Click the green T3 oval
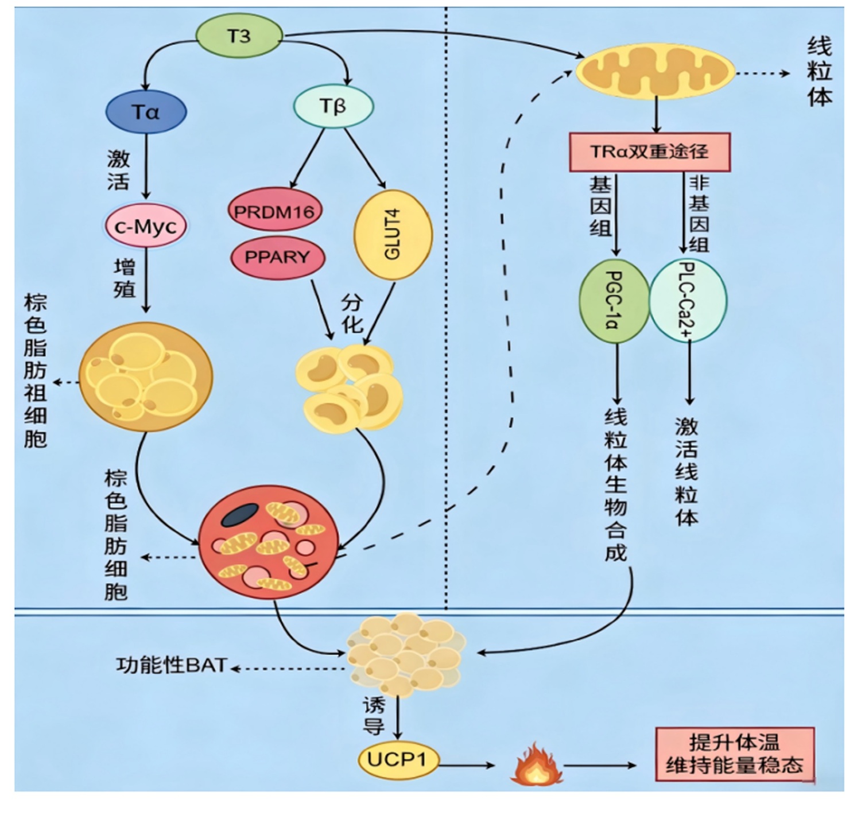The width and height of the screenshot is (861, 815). point(239,36)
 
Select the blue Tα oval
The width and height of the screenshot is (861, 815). point(146,112)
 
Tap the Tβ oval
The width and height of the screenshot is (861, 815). point(333,106)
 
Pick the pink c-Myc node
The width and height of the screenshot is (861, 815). point(146,226)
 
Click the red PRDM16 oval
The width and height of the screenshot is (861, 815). point(274,210)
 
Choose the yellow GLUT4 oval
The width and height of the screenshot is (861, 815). point(393,234)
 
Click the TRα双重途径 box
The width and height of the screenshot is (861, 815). point(649,152)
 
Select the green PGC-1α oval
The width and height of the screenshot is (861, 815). point(614,301)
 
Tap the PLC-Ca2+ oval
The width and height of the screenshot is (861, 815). point(688,300)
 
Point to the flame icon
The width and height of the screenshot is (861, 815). point(537,763)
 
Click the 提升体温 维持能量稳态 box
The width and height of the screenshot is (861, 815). point(735,754)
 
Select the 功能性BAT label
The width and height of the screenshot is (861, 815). point(171,665)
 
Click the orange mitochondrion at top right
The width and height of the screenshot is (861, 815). point(655,71)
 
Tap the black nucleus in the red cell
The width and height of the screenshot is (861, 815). point(240,515)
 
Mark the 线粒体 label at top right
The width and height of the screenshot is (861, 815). point(820,71)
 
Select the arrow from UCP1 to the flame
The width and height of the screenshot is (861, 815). point(467,765)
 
